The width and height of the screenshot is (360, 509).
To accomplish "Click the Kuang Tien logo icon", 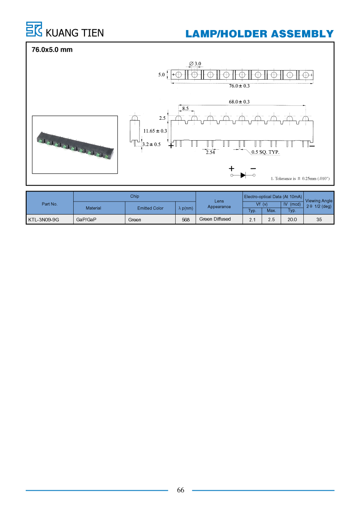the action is tap(34, 29).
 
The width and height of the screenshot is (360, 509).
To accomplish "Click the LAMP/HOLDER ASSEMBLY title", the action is tap(260, 34).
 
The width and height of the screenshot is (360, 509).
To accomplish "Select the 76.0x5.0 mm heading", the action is tap(52, 50).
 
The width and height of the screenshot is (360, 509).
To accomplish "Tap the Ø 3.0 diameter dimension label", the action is tap(195, 64).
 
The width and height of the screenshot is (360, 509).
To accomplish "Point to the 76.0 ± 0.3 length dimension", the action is tap(239, 86).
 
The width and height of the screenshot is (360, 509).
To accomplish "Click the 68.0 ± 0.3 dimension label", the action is tap(239, 102).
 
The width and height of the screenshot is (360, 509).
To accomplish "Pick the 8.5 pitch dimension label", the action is tap(185, 108).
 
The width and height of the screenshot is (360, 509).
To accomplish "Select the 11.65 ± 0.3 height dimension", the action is tap(155, 131).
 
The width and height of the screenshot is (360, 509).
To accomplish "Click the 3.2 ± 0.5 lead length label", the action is tap(151, 145).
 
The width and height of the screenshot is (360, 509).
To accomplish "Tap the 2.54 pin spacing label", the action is tap(210, 152).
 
